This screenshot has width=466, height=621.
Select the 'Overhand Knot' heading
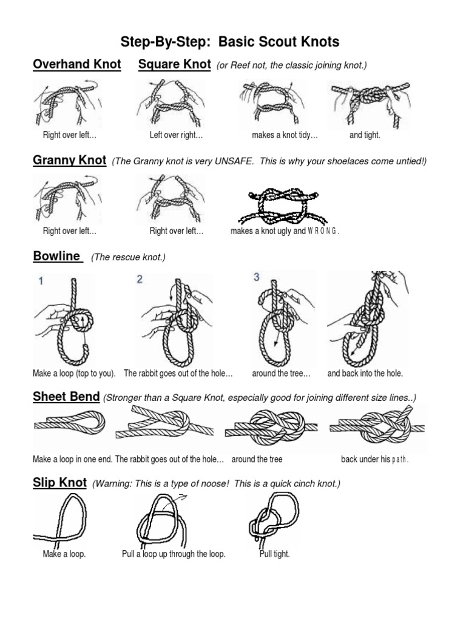click(77, 64)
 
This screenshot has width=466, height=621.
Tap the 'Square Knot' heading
click(174, 64)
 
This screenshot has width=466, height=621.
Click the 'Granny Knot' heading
click(69, 161)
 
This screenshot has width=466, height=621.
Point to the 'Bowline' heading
click(57, 256)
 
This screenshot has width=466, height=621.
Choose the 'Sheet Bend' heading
click(66, 397)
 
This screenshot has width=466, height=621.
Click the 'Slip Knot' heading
click(59, 483)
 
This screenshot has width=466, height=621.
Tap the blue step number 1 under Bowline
click(41, 281)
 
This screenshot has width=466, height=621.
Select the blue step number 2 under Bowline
click(140, 280)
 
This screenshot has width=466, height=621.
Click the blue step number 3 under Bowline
click(256, 277)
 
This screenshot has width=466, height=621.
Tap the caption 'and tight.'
click(365, 135)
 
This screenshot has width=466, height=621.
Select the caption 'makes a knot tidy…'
click(285, 135)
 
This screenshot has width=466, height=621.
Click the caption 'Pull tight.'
click(274, 554)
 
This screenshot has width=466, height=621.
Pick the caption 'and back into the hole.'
click(365, 374)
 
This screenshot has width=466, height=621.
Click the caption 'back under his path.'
click(375, 459)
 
